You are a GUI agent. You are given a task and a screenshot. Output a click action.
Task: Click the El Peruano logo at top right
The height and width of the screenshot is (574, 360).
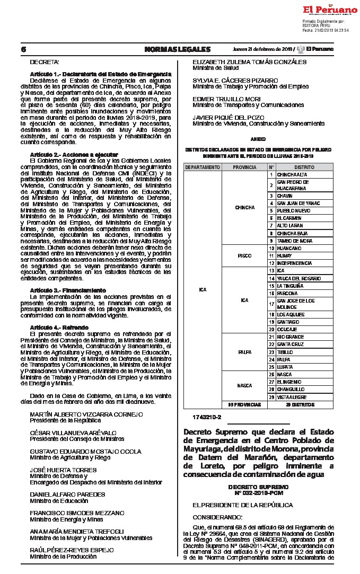coord(330,10)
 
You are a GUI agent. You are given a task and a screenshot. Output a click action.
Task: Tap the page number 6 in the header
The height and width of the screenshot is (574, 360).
coord(23,50)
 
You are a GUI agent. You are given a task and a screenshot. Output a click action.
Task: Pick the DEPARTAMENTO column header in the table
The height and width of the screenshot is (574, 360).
coord(203,167)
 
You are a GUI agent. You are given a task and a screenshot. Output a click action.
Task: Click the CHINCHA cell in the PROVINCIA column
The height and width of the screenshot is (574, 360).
coord(244,207)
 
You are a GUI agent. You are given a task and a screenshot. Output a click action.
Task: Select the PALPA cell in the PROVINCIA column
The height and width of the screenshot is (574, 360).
coord(244,351)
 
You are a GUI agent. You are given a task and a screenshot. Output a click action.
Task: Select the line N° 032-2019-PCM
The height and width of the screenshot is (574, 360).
coord(259,492)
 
